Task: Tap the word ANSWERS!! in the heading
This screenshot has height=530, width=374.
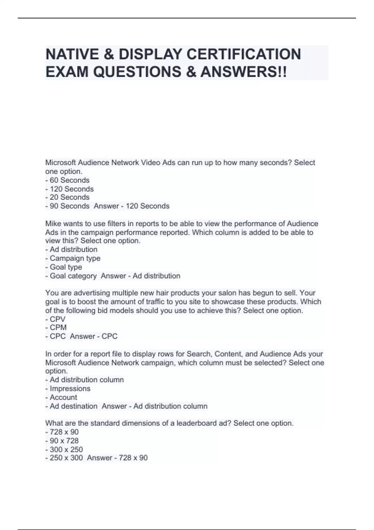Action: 244,72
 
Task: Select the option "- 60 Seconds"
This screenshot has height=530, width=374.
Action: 67,180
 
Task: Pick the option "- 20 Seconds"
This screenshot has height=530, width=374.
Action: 67,197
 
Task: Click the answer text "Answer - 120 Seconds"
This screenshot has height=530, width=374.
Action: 132,206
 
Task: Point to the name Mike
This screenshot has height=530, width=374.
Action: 53,224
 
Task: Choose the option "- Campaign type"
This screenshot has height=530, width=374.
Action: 73,258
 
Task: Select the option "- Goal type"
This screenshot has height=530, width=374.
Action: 64,267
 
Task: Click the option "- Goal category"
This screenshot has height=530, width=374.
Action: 71,276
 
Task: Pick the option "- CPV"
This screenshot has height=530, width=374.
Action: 55,319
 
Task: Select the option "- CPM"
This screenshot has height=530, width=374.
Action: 56,328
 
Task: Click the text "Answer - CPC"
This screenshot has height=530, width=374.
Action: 93,336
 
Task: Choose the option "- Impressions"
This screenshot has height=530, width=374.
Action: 68,389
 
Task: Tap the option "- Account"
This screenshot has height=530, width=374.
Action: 61,397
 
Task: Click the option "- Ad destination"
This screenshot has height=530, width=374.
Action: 71,406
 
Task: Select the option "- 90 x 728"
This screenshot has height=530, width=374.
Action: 62,441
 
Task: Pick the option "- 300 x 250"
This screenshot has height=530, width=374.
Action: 64,450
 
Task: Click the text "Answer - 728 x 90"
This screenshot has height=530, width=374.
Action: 117,458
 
